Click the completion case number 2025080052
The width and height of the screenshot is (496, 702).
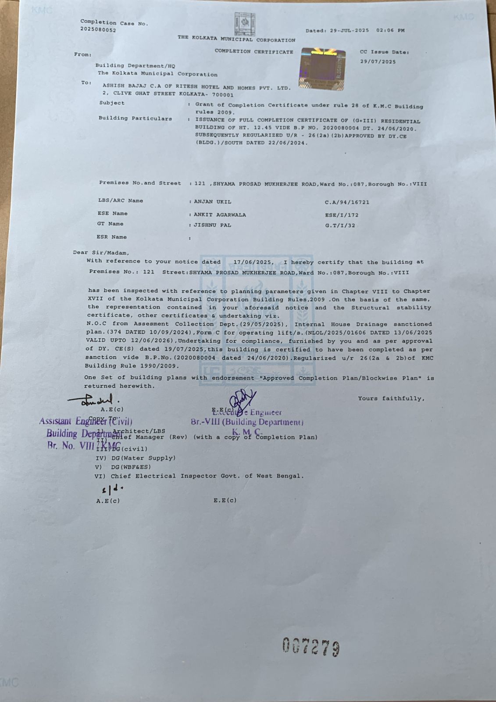(98, 30)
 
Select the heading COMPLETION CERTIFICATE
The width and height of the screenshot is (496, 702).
(254, 52)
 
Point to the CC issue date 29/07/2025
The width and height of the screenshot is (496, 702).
(378, 62)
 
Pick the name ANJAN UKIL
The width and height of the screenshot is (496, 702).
(213, 202)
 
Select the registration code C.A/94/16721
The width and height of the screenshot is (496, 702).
(347, 203)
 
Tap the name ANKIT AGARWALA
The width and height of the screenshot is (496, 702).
(220, 215)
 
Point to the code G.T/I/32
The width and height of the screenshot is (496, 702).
(340, 226)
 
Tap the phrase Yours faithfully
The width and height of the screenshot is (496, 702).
(391, 399)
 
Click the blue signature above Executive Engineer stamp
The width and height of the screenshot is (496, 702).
(243, 399)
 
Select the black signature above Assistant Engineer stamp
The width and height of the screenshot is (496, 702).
(93, 400)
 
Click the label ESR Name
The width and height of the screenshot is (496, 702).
(112, 237)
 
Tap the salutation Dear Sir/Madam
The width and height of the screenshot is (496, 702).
(101, 253)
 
